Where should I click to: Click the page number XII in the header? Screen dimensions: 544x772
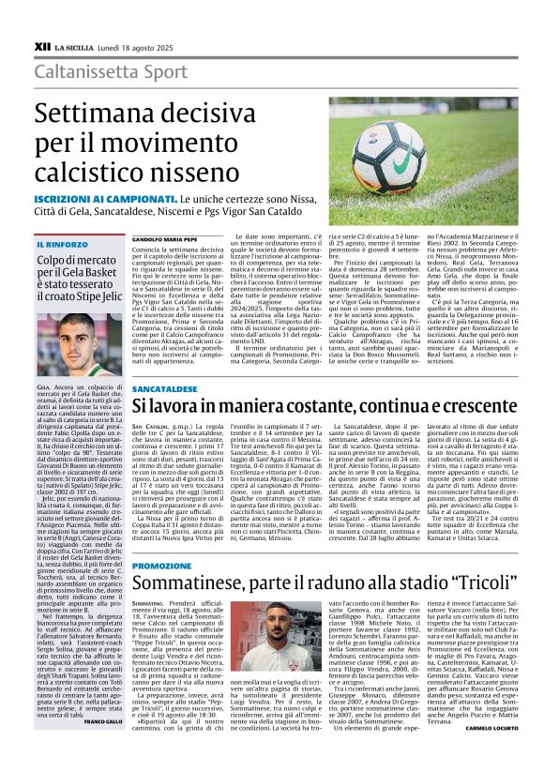coord(42,44)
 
